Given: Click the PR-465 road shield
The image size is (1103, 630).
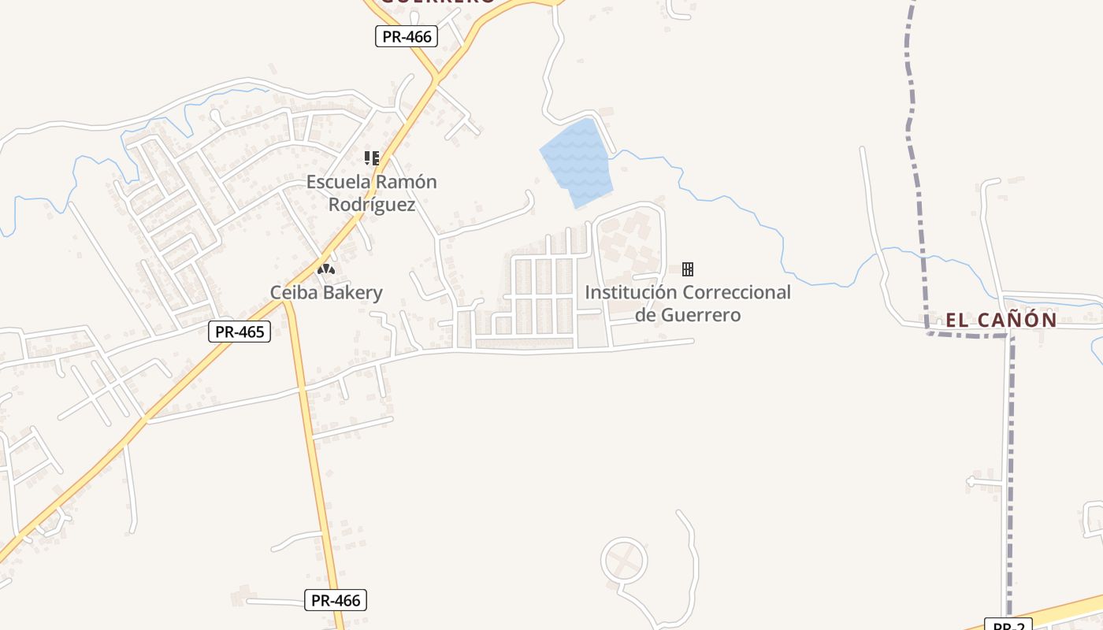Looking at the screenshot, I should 240,332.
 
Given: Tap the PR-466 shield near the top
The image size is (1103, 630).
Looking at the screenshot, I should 406,36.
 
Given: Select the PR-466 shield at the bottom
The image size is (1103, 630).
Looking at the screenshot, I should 336,600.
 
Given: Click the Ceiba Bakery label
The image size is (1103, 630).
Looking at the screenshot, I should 326,293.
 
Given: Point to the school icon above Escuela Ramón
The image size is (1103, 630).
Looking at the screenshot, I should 372,158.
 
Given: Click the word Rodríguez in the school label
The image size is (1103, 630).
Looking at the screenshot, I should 372,205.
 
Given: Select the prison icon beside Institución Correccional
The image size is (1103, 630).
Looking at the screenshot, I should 688,269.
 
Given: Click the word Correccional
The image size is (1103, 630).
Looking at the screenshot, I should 737,292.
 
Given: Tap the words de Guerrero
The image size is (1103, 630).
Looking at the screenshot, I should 688,315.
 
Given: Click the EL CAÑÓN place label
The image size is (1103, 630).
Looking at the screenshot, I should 1001,320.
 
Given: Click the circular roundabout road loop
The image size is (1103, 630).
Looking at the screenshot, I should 625,561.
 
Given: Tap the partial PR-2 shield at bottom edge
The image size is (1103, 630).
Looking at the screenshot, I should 1008,625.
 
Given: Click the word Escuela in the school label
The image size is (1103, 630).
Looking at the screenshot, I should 337,182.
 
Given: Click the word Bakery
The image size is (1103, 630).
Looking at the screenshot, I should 355,293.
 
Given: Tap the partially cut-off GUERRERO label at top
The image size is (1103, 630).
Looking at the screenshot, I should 438,2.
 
